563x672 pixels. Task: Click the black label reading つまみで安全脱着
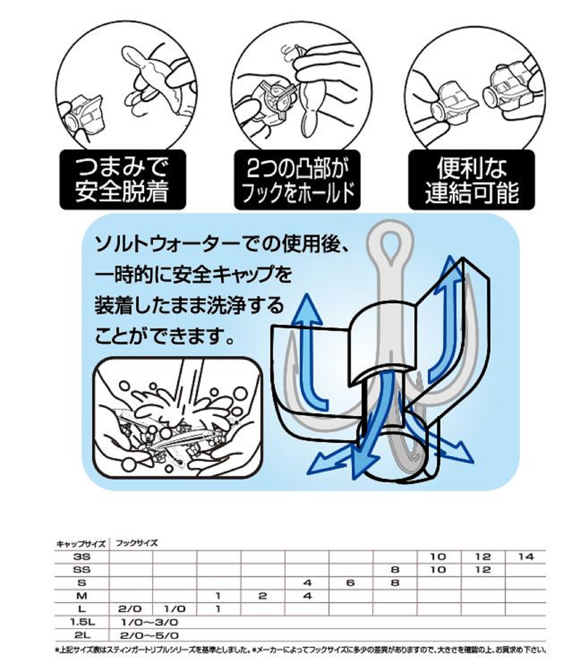(123, 180)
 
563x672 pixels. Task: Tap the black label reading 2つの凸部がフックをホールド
(297, 180)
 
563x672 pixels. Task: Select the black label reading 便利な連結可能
(472, 180)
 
